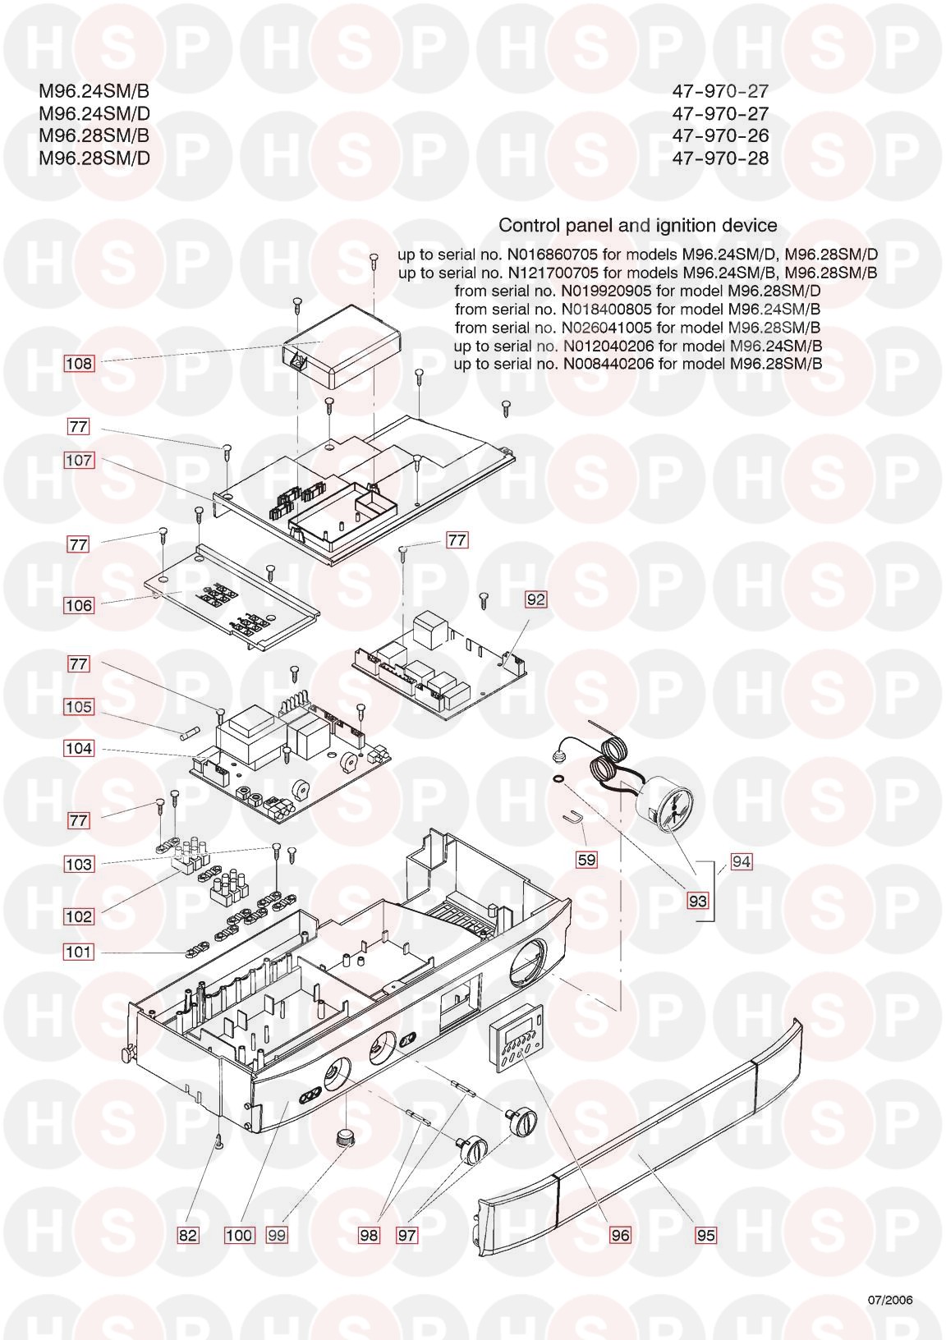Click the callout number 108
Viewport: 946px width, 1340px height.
point(79,363)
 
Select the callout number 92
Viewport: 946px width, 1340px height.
point(535,599)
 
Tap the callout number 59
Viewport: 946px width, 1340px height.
point(586,860)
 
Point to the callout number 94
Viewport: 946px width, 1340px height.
point(742,861)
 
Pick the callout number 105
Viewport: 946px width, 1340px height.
point(79,706)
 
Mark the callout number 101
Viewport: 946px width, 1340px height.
point(79,952)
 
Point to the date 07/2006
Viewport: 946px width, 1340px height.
point(890,1300)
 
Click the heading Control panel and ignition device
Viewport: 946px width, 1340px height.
point(638,226)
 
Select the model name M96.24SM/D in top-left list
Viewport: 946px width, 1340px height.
point(94,113)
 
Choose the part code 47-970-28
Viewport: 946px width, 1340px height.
point(720,158)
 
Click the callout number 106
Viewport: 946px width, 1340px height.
point(79,605)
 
